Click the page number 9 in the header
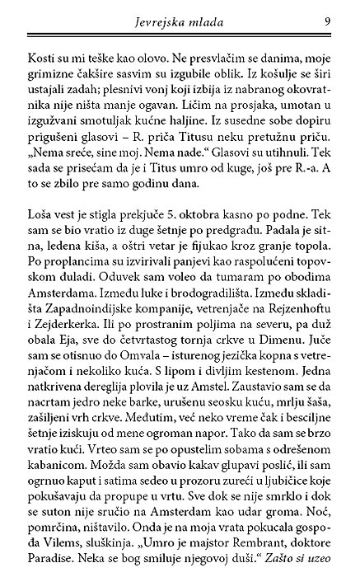coord(328,21)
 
